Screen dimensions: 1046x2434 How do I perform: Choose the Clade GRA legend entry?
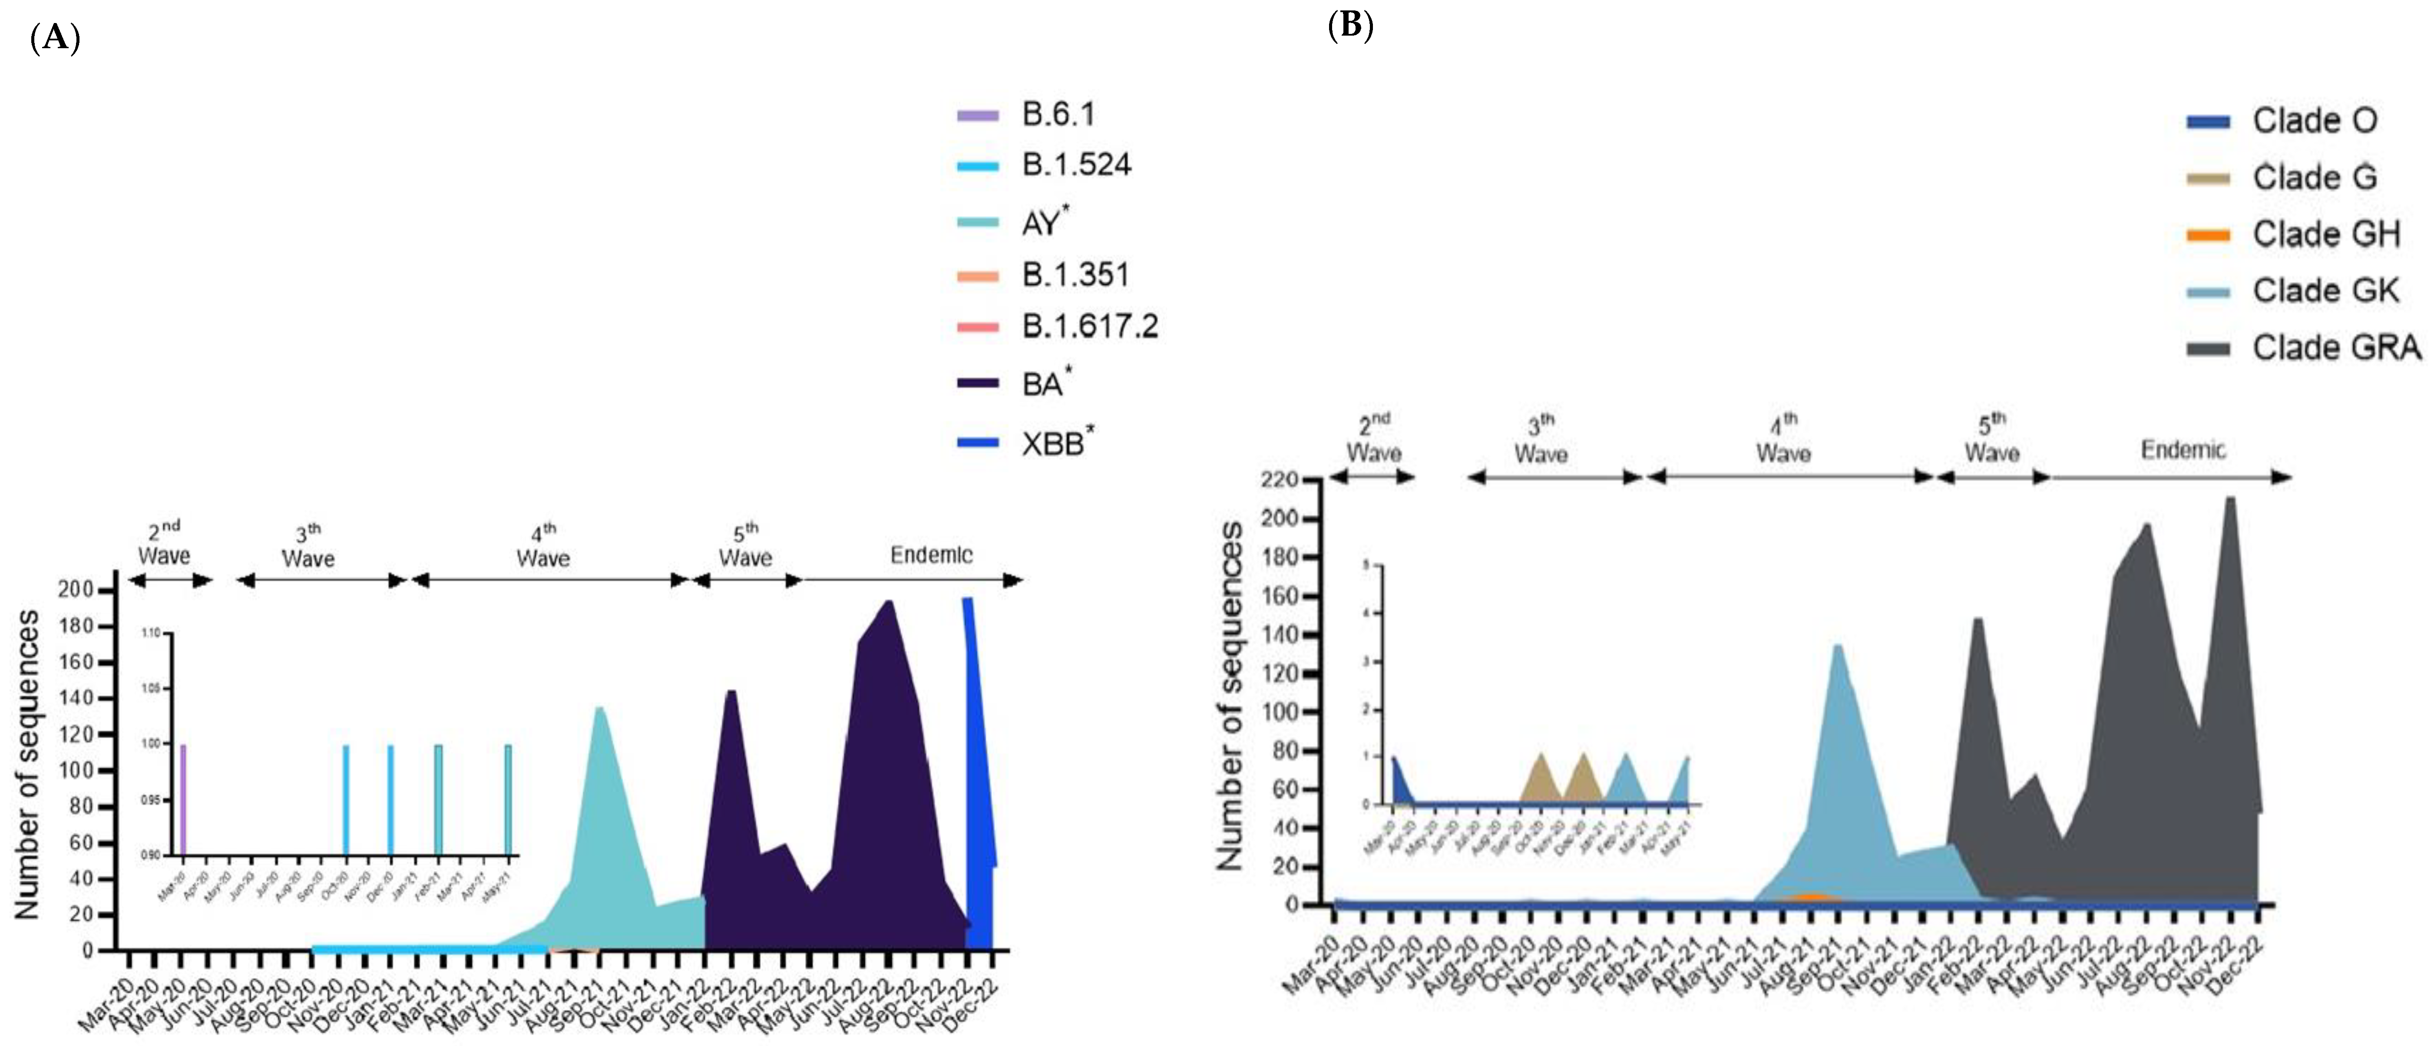click(x=2336, y=348)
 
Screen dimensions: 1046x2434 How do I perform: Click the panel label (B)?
click(x=1350, y=26)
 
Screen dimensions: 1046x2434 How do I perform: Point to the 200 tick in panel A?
click(x=76, y=590)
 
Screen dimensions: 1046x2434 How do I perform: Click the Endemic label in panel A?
click(x=931, y=554)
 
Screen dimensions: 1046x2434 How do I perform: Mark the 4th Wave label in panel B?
click(x=1783, y=439)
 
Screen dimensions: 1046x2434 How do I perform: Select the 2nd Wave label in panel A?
click(x=165, y=543)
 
